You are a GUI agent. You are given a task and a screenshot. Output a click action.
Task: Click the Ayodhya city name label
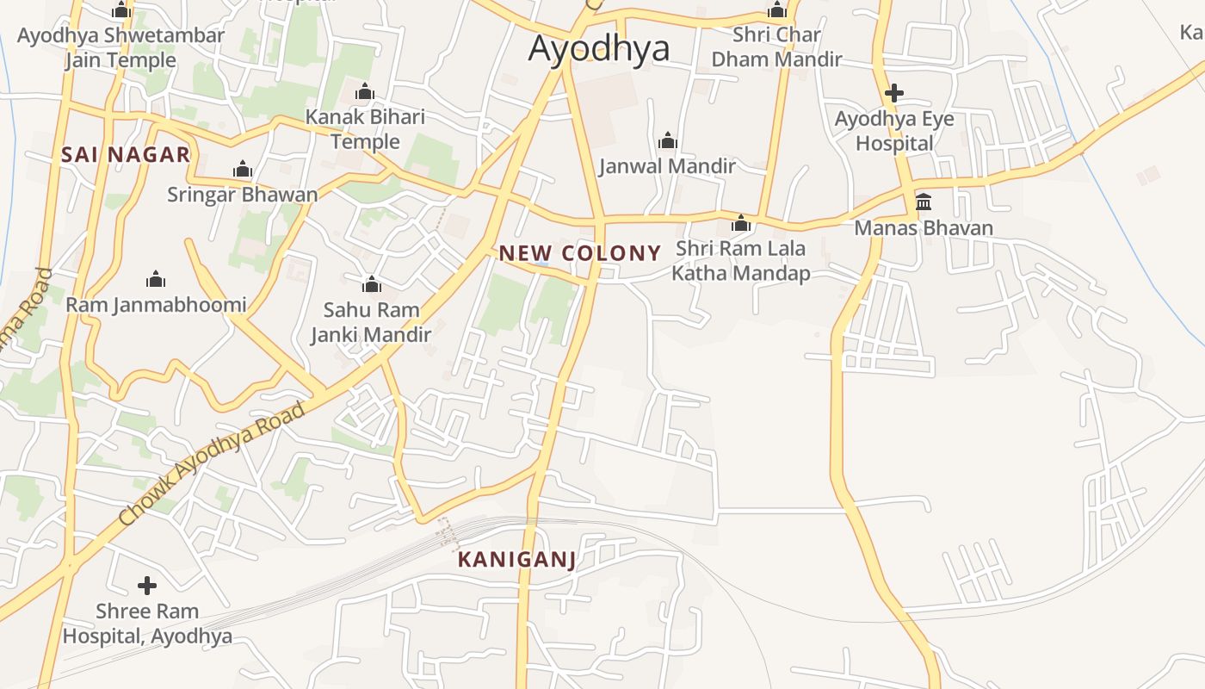pos(598,48)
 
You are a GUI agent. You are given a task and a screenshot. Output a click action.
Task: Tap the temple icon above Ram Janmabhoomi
pos(156,279)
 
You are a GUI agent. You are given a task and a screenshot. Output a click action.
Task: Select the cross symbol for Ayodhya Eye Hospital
pos(894,92)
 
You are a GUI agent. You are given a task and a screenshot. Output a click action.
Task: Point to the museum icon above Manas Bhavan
pos(924,202)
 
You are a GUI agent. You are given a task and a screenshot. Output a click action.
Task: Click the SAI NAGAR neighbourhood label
pos(126,155)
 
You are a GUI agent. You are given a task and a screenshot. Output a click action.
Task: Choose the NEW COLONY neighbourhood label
pos(580,253)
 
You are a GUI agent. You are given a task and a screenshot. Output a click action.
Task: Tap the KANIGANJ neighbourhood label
pos(516,560)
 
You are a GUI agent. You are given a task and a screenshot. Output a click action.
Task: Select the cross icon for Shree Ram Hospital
pos(147,586)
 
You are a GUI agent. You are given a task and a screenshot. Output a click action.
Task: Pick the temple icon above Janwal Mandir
pos(667,140)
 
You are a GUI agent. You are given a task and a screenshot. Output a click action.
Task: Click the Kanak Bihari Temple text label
pos(366,129)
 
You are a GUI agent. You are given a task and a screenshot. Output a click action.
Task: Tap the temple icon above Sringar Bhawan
pos(243,169)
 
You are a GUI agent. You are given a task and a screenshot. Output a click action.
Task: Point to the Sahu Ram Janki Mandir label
pos(371,322)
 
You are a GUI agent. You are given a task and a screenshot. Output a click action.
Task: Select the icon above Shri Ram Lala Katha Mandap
pos(741,224)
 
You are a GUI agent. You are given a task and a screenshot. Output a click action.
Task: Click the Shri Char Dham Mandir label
pos(776,47)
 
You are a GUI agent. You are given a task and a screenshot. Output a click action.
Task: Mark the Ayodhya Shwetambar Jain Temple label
pos(121,48)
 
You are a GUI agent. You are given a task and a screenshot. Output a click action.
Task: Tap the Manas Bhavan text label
pos(924,228)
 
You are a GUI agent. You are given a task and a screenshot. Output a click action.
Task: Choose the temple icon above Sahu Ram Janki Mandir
pos(372,283)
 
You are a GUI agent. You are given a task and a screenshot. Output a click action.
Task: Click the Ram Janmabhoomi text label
pos(156,305)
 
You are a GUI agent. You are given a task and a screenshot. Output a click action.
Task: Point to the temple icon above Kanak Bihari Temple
pos(365,91)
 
